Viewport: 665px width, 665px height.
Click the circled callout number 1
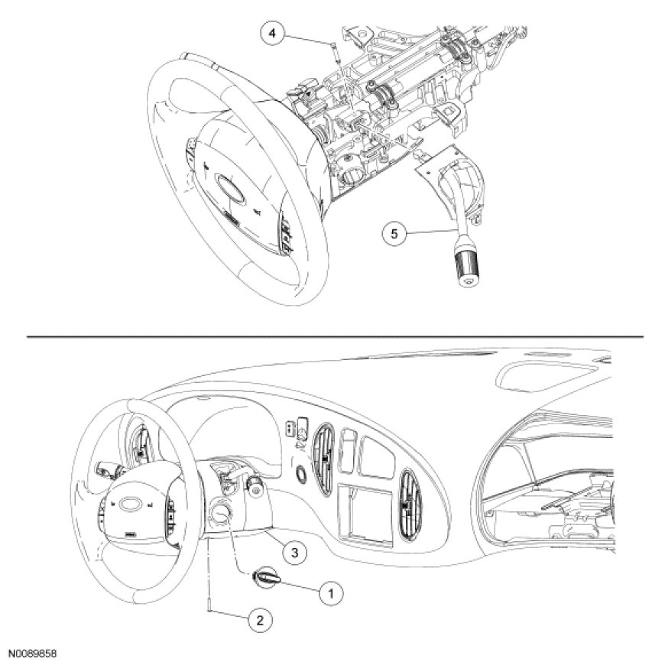[x=331, y=590]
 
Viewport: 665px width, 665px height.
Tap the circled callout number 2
[x=259, y=620]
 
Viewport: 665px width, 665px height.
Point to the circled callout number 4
[x=272, y=33]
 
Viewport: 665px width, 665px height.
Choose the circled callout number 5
[x=394, y=233]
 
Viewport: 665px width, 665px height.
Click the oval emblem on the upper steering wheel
[x=228, y=187]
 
